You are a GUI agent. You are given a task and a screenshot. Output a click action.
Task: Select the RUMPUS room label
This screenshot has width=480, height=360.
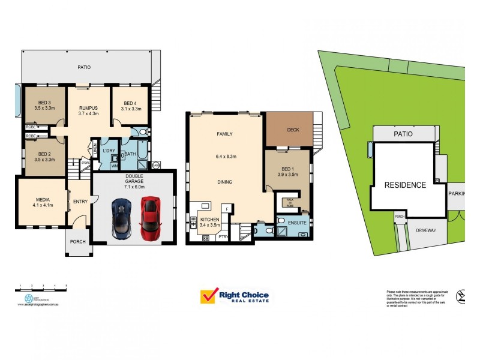click(88, 109)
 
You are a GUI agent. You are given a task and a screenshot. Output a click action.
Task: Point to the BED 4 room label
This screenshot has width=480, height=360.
click(131, 103)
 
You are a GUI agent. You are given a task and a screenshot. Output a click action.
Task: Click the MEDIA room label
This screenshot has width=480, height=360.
click(41, 200)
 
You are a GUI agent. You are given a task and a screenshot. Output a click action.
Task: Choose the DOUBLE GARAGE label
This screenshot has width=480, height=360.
click(134, 179)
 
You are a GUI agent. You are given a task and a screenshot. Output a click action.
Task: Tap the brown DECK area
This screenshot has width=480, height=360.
click(293, 130)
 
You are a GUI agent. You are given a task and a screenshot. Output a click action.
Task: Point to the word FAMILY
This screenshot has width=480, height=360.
click(224, 134)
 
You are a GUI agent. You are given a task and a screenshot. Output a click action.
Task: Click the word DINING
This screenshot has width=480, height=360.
click(224, 182)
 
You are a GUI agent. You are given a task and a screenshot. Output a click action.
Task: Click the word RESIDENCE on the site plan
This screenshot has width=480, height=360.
click(406, 185)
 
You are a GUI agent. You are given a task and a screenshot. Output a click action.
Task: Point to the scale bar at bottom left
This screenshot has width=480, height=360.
click(41, 290)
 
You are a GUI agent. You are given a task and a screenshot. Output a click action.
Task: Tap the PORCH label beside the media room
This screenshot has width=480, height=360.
click(78, 242)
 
